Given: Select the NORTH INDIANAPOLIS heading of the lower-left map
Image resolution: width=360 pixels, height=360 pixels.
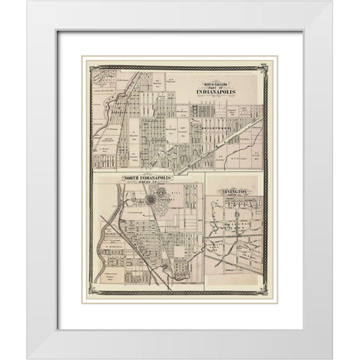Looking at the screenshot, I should click(x=148, y=178).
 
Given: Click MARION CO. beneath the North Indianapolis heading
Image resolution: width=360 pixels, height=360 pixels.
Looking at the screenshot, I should click(x=148, y=184).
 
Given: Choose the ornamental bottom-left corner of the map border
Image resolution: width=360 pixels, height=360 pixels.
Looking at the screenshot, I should click(x=91, y=292).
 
